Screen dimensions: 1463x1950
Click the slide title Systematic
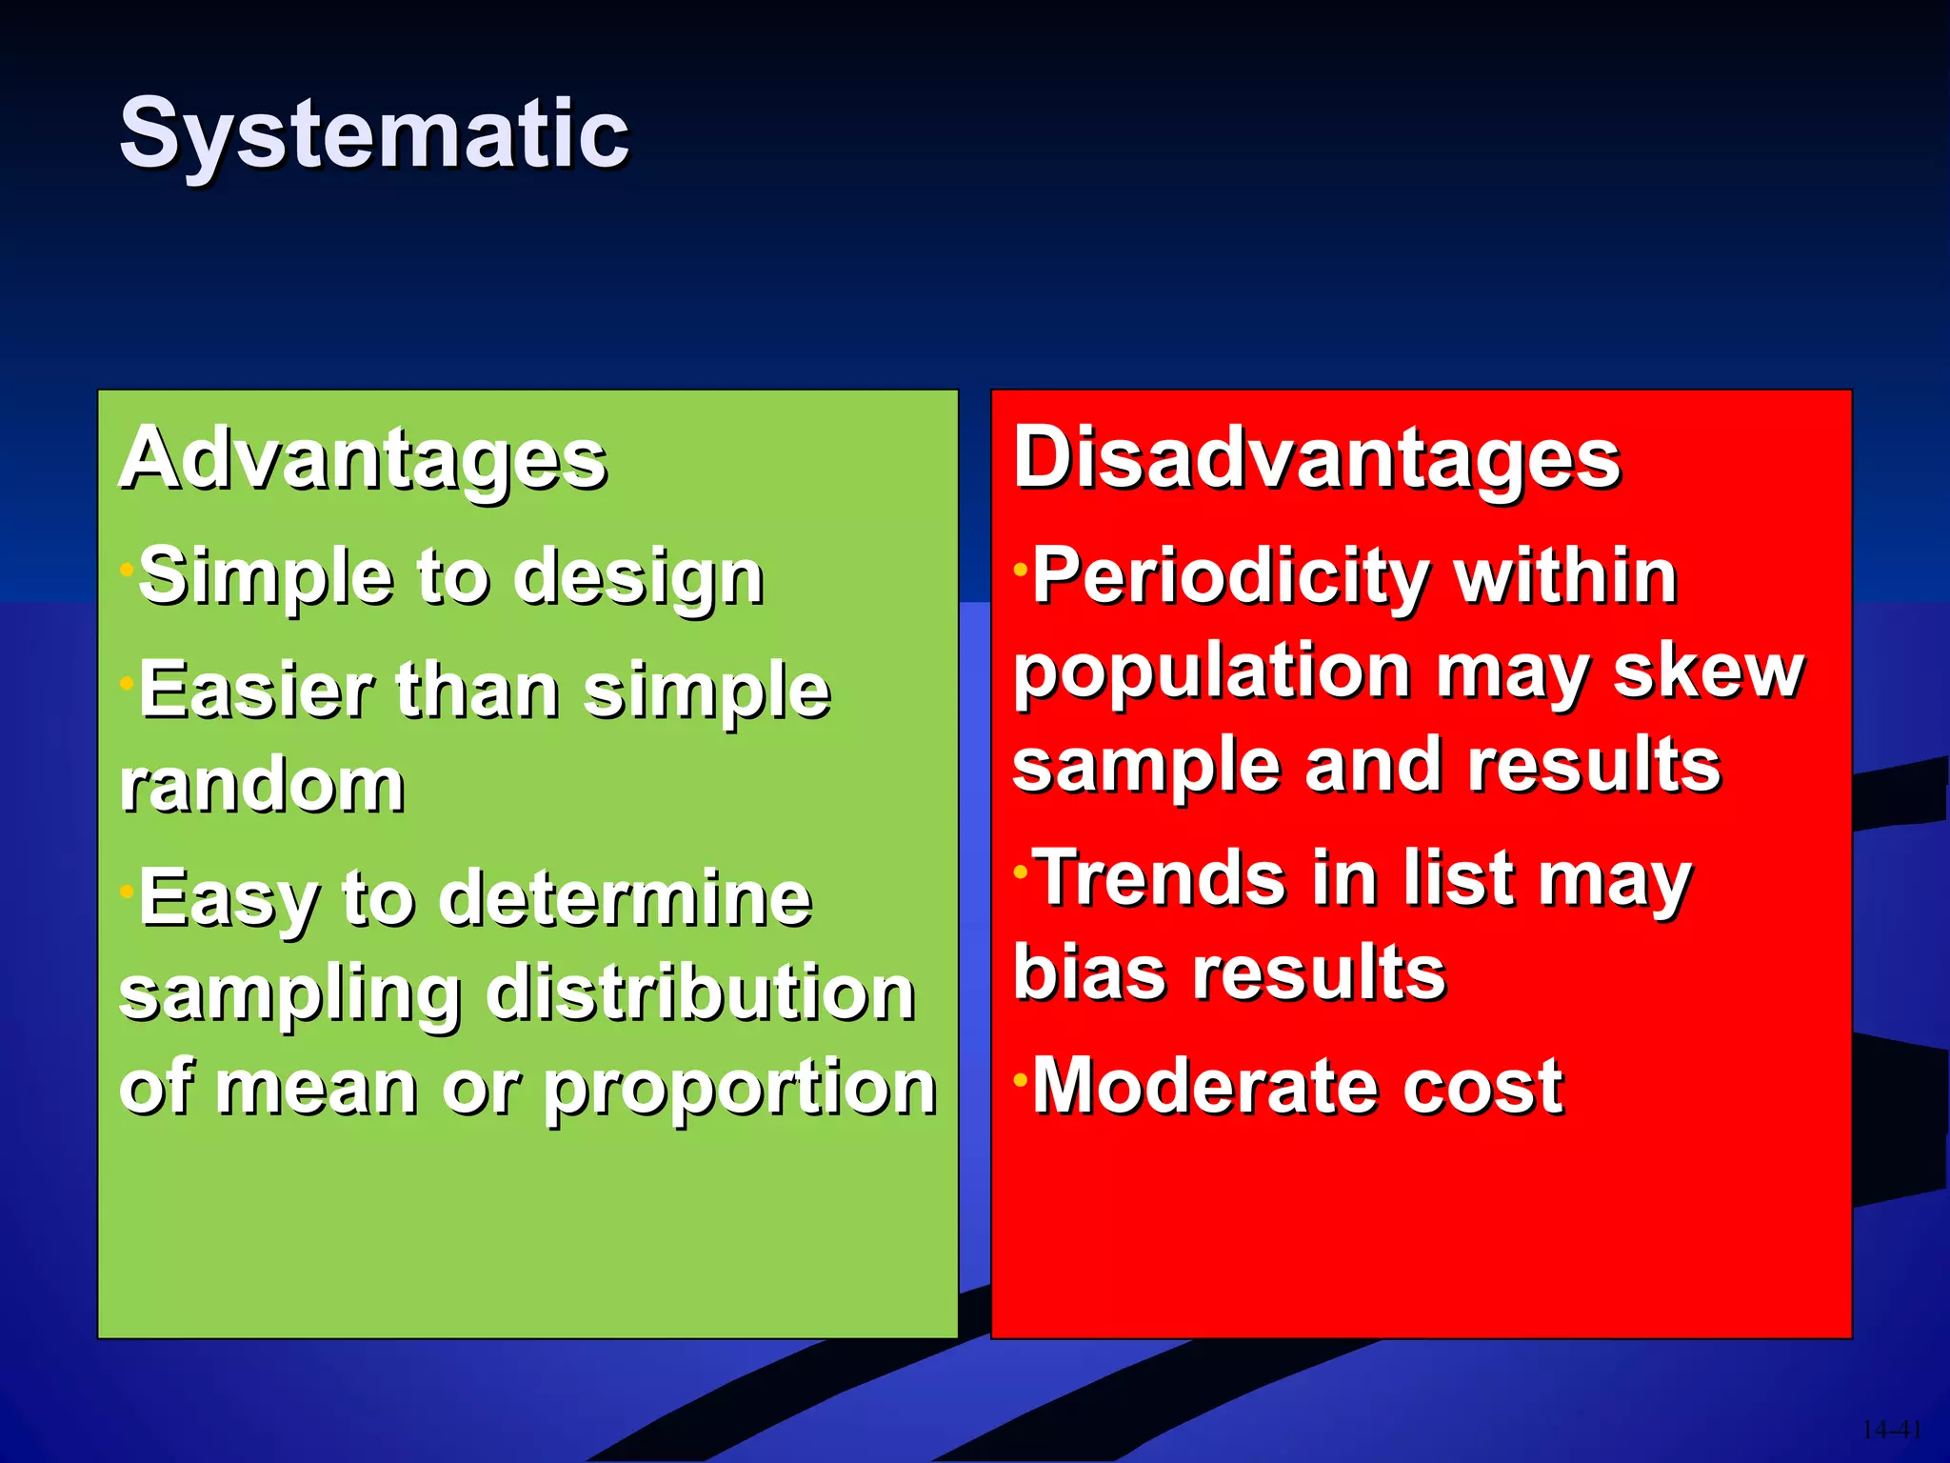pyautogui.click(x=373, y=135)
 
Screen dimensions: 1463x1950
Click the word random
pyautogui.click(x=263, y=787)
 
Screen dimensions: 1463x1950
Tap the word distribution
pyautogui.click(x=700, y=992)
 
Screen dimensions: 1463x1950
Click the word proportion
pyautogui.click(x=740, y=1089)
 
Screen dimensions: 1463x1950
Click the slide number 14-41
pyautogui.click(x=1890, y=1430)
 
